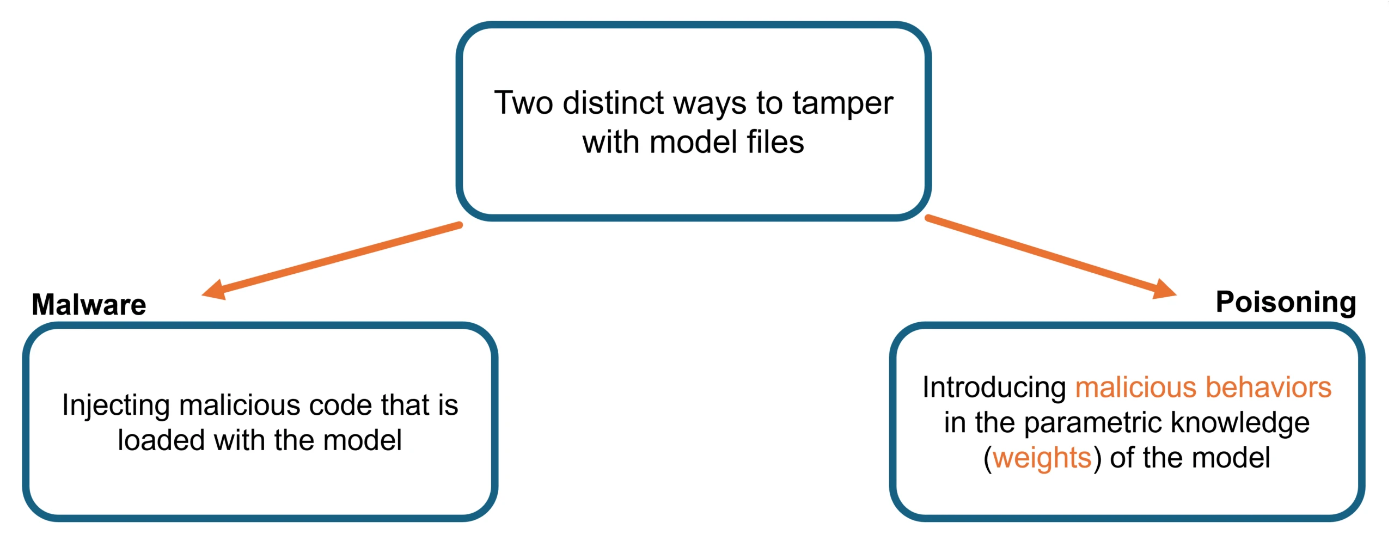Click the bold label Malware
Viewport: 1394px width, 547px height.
pos(89,304)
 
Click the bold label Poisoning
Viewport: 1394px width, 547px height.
pos(1286,302)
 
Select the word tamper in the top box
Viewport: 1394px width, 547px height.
pos(842,103)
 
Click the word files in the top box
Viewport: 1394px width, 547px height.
pos(775,142)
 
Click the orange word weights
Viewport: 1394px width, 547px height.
pos(1042,458)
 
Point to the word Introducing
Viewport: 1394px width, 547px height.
pos(994,388)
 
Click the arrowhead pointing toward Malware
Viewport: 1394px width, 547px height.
pos(214,291)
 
